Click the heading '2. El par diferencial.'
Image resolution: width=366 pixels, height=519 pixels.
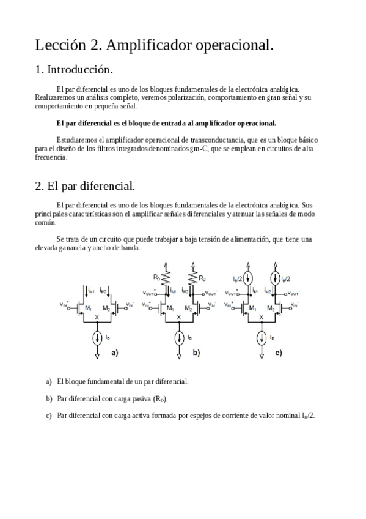(x=85, y=185)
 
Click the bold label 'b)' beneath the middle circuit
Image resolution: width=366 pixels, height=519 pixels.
(x=196, y=353)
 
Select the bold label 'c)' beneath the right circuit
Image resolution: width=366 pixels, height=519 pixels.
(x=279, y=353)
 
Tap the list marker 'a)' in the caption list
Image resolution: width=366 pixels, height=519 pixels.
(x=49, y=381)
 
